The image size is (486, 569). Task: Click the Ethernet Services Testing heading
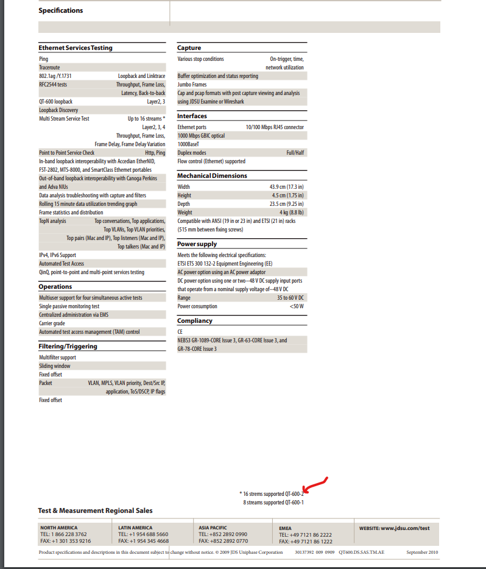pyautogui.click(x=76, y=48)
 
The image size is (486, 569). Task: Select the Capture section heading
pyautogui.click(x=189, y=48)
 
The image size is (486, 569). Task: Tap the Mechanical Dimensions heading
pyautogui.click(x=212, y=175)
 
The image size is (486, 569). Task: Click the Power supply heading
pyautogui.click(x=197, y=244)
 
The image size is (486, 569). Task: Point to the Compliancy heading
pyautogui.click(x=195, y=320)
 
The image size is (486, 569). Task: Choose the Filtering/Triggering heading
pyautogui.click(x=68, y=346)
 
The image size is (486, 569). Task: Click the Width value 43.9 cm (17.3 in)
pyautogui.click(x=286, y=187)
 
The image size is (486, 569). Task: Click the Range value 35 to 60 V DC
pyautogui.click(x=291, y=298)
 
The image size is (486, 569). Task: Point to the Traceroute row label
pyautogui.click(x=49, y=68)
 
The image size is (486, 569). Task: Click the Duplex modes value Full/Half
pyautogui.click(x=295, y=153)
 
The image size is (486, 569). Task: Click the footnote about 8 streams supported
pyautogui.click(x=273, y=503)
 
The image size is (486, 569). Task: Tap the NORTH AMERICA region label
pyautogui.click(x=59, y=528)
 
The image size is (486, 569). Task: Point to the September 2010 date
pyautogui.click(x=422, y=553)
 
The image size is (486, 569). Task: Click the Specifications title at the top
pyautogui.click(x=61, y=10)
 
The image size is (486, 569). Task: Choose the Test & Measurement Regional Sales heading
pyautogui.click(x=95, y=511)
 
